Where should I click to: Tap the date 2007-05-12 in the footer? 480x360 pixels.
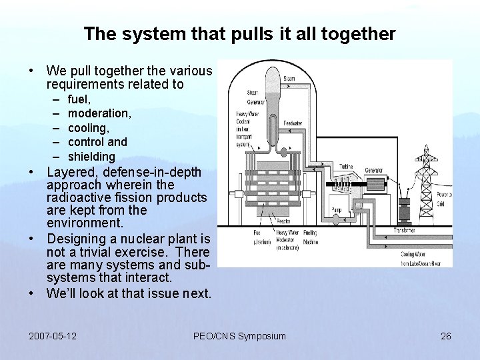pyautogui.click(x=53, y=335)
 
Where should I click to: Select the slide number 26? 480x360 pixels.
pyautogui.click(x=446, y=335)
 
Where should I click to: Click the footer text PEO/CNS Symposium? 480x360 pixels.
pyautogui.click(x=239, y=335)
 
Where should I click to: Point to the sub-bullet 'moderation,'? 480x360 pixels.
pyautogui.click(x=99, y=113)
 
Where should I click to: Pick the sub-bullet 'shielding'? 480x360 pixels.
pyautogui.click(x=91, y=157)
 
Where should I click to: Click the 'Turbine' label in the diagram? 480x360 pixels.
pyautogui.click(x=346, y=167)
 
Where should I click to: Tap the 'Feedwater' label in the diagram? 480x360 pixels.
pyautogui.click(x=294, y=124)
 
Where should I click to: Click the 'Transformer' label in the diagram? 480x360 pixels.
pyautogui.click(x=403, y=231)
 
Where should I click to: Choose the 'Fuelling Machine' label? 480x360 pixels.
pyautogui.click(x=311, y=237)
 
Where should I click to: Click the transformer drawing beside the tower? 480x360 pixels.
pyautogui.click(x=403, y=209)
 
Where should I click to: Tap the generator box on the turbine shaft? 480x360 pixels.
pyautogui.click(x=376, y=183)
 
